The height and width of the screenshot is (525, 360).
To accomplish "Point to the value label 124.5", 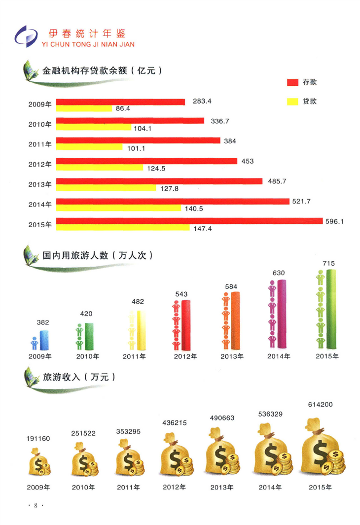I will [x=156, y=168].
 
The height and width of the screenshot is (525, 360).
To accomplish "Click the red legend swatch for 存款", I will [x=293, y=82].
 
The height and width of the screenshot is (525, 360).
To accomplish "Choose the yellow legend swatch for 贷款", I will [x=293, y=102].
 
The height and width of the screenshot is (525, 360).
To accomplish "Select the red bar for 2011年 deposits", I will [x=138, y=140].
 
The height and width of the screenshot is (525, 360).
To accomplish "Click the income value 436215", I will [x=175, y=422].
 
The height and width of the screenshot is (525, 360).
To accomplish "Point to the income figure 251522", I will [x=83, y=433].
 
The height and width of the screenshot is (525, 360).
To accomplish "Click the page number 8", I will [x=36, y=505].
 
